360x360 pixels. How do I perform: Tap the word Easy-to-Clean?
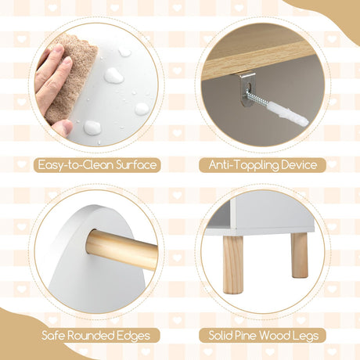click(76, 165)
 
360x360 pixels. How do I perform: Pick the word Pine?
click(247, 336)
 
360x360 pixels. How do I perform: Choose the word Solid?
click(221, 336)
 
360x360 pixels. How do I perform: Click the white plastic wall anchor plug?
click(287, 113)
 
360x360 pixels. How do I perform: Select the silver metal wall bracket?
click(248, 88)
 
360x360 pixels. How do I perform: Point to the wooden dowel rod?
click(122, 249)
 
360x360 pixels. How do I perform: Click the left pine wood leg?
click(233, 264)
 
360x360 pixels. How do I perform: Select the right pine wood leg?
click(300, 254)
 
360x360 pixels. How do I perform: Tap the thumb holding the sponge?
click(62, 128)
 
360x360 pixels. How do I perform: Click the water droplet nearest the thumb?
click(92, 128)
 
